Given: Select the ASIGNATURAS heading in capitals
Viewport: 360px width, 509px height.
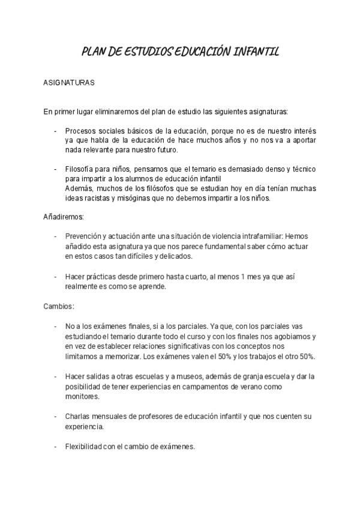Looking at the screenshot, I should tap(69, 83).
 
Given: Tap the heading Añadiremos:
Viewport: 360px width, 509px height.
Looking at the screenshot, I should tap(64, 215).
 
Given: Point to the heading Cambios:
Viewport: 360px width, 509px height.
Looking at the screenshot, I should tap(59, 306).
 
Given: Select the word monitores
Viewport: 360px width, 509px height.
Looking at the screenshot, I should tap(83, 397).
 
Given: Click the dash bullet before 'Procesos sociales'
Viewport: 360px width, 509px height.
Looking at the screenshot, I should tap(55, 130).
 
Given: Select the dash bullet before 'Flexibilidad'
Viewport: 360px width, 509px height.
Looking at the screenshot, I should tap(55, 447).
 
